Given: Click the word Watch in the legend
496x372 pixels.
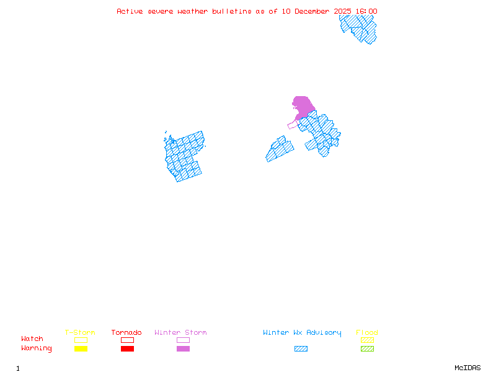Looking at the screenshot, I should [32, 339].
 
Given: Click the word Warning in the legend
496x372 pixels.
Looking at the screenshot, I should [37, 348].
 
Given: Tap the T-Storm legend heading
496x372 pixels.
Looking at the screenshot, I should [80, 333].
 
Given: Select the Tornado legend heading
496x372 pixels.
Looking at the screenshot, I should [126, 333].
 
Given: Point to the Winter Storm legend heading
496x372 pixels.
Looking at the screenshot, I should [180, 333].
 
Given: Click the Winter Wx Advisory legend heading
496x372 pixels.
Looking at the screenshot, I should [302, 333].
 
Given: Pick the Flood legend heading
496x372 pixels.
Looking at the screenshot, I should [367, 333].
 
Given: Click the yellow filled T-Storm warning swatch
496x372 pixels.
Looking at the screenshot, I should [81, 348].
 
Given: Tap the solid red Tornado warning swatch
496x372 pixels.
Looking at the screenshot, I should [127, 348].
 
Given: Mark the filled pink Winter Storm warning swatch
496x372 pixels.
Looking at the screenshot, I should [183, 348].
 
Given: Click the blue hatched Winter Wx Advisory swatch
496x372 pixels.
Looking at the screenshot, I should [301, 348].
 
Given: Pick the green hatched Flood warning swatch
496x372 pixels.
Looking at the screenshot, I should [367, 348].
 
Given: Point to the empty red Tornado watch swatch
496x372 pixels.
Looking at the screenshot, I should [127, 340].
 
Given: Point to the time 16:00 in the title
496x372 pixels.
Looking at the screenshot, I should [366, 11].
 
